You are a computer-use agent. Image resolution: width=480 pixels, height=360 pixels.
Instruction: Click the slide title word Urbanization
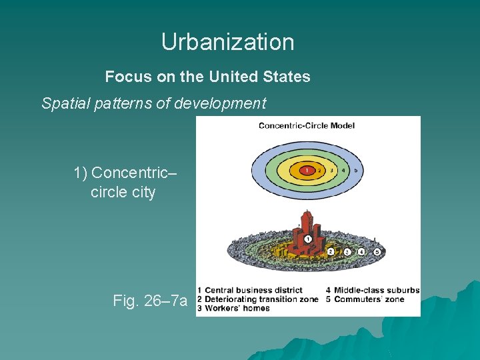tap(227, 42)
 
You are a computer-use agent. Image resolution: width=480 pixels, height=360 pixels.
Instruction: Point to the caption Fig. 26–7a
tap(150, 301)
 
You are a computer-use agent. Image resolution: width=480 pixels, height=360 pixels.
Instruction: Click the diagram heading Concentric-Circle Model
tap(307, 125)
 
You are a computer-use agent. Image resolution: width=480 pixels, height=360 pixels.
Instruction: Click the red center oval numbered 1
tap(306, 170)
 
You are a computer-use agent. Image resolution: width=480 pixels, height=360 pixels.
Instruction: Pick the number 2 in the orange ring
tap(319, 170)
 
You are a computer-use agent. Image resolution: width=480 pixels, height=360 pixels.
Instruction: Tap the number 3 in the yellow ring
tap(331, 170)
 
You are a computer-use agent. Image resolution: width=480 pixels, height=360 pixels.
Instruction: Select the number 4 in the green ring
tap(344, 170)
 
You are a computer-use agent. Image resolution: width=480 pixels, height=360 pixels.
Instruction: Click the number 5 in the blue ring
tap(356, 170)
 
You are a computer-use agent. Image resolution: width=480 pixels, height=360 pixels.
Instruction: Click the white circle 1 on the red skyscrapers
tap(308, 239)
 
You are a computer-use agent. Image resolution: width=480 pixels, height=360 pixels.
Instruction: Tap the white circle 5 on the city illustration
tap(377, 252)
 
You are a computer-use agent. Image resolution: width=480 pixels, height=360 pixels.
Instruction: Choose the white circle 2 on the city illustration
tap(331, 251)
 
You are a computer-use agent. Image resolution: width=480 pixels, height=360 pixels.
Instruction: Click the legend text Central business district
tap(253, 291)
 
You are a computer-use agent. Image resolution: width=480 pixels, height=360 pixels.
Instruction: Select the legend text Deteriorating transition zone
tap(261, 299)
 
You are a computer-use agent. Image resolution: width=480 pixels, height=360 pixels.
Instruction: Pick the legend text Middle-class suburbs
tap(377, 291)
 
